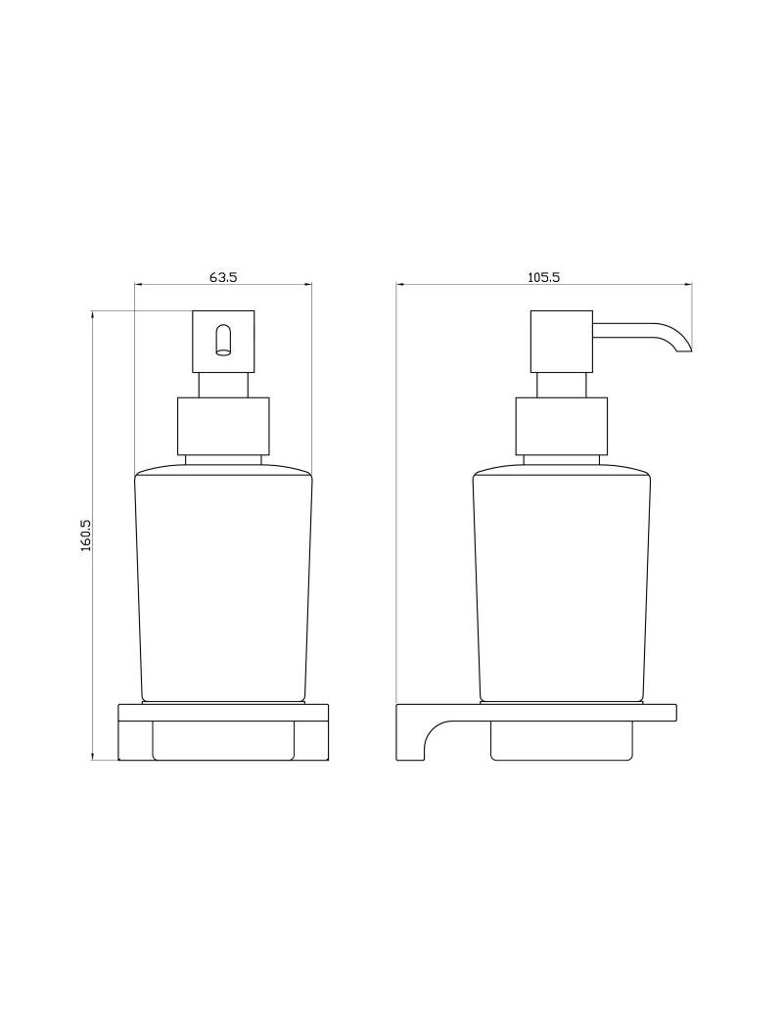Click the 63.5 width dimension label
tap(223, 276)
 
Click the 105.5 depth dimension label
tap(544, 276)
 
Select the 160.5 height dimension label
tap(85, 536)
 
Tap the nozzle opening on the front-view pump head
tap(223, 340)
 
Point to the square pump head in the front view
tap(223, 342)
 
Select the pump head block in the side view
tap(562, 342)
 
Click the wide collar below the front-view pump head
tap(223, 426)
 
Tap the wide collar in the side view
tap(562, 426)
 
